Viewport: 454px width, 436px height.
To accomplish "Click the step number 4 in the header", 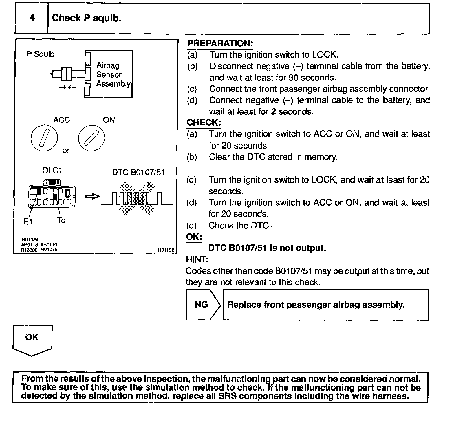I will pos(32,18).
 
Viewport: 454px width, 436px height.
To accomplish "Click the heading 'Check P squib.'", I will pos(86,18).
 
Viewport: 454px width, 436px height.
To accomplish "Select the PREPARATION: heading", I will pos(220,43).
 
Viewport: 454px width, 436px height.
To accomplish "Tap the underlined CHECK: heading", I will pos(204,122).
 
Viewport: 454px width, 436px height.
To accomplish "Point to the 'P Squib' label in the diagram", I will pos(40,54).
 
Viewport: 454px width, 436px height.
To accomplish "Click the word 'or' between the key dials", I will pos(66,150).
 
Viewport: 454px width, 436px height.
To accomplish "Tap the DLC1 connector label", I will pos(52,171).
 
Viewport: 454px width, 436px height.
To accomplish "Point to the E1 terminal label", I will pos(28,222).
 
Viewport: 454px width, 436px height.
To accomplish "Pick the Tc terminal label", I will pos(61,221).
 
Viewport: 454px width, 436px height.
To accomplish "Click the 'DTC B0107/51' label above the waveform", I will pos(138,173).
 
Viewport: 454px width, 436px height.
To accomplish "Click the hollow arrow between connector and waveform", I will pos(92,197).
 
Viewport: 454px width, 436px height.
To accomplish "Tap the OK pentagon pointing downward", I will pos(32,339).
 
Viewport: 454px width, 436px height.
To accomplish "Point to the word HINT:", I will pos(197,259).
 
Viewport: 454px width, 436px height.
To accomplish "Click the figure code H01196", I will pos(166,250).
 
